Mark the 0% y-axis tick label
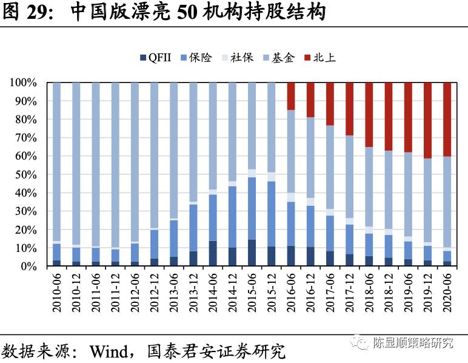coord(29,266)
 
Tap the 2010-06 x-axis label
coord(57,293)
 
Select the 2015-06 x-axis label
coord(252,293)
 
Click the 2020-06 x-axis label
coord(447,293)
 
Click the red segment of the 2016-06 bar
coord(291,97)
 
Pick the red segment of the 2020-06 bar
coord(447,120)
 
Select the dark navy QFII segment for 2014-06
coord(213,254)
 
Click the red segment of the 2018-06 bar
coord(369,115)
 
